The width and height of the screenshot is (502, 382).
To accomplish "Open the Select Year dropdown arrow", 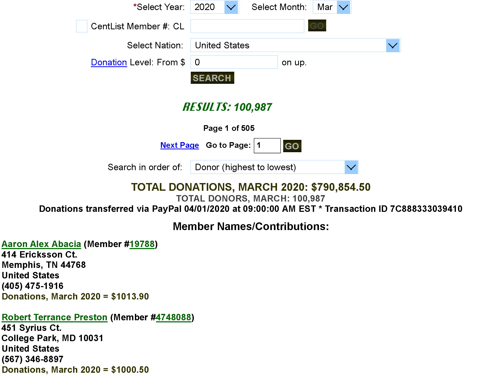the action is [231, 7].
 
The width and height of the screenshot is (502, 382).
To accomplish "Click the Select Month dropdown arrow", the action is [344, 7].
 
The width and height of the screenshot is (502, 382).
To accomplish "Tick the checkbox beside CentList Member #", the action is [82, 26].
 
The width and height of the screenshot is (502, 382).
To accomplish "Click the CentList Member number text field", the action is [247, 26].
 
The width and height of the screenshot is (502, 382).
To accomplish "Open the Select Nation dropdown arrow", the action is [393, 46].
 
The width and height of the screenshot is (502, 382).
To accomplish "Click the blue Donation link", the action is [109, 62].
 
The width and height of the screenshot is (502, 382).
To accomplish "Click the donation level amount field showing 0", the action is [234, 62].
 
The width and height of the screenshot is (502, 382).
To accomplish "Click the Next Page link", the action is [180, 145].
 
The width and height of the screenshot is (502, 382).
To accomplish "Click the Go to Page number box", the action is [267, 145].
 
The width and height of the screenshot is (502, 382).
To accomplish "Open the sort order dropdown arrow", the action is [351, 167].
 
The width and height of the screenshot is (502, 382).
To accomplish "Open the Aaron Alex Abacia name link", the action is [41, 244].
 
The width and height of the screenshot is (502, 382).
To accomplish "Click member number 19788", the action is [142, 244].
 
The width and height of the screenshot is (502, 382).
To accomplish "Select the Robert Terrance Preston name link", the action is [55, 317].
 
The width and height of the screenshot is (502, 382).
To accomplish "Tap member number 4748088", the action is [174, 317].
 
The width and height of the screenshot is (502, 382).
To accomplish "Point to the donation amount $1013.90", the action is [130, 296].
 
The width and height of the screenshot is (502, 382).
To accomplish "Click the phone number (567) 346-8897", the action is [33, 359].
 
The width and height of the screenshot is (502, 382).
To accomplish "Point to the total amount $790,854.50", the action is [341, 187].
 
